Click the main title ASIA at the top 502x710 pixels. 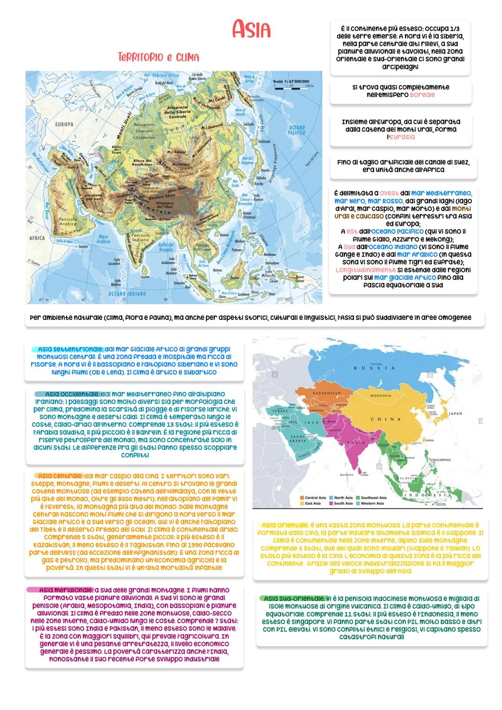(x=251, y=30)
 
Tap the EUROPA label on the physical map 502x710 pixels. (x=65, y=125)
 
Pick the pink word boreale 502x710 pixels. (x=422, y=94)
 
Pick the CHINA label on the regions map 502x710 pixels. (x=385, y=419)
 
